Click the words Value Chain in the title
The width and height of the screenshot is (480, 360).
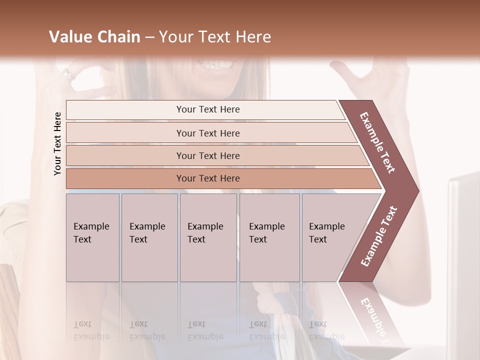(x=94, y=37)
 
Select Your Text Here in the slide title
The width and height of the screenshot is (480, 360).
(x=215, y=37)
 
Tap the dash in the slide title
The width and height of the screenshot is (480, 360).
(x=149, y=37)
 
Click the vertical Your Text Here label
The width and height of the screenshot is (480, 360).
(x=57, y=143)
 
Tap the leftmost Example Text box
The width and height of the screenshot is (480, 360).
(x=92, y=237)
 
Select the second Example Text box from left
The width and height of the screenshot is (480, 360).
(x=149, y=237)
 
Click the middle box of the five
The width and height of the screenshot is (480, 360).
(x=208, y=237)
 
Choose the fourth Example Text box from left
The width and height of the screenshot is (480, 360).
(x=269, y=237)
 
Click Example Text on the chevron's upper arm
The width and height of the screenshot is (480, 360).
(x=377, y=142)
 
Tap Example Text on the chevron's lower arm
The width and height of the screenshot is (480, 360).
(x=379, y=236)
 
